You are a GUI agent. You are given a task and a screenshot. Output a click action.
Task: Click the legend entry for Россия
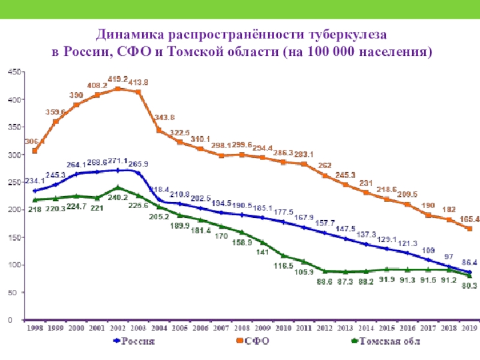(x=134, y=341)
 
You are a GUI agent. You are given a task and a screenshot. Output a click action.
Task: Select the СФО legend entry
(x=253, y=341)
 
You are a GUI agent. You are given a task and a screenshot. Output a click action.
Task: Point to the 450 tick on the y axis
(x=14, y=71)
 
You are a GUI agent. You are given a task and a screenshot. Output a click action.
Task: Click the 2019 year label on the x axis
(x=469, y=328)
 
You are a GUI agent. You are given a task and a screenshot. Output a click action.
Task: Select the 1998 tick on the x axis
(x=35, y=328)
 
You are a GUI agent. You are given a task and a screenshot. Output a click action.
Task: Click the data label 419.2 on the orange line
(x=117, y=79)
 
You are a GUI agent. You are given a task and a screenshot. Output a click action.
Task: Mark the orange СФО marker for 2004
(x=159, y=130)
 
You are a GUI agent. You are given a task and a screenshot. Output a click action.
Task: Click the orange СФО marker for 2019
(x=470, y=229)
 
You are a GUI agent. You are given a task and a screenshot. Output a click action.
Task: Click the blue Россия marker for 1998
(x=35, y=191)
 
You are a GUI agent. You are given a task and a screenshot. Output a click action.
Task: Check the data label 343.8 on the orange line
(x=164, y=117)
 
